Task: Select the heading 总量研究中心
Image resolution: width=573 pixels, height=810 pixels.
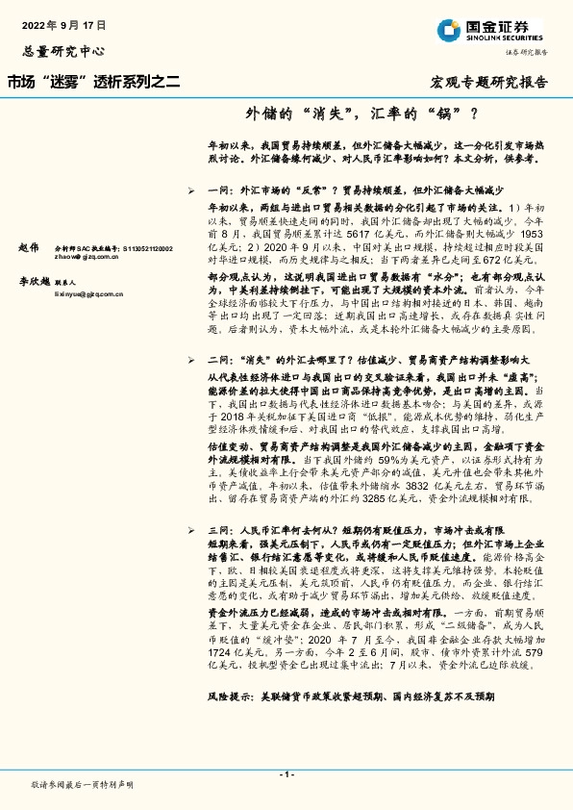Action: pos(62,49)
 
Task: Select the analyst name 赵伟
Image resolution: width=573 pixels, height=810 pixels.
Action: pos(31,248)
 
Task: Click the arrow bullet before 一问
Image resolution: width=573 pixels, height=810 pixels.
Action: pos(195,191)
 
